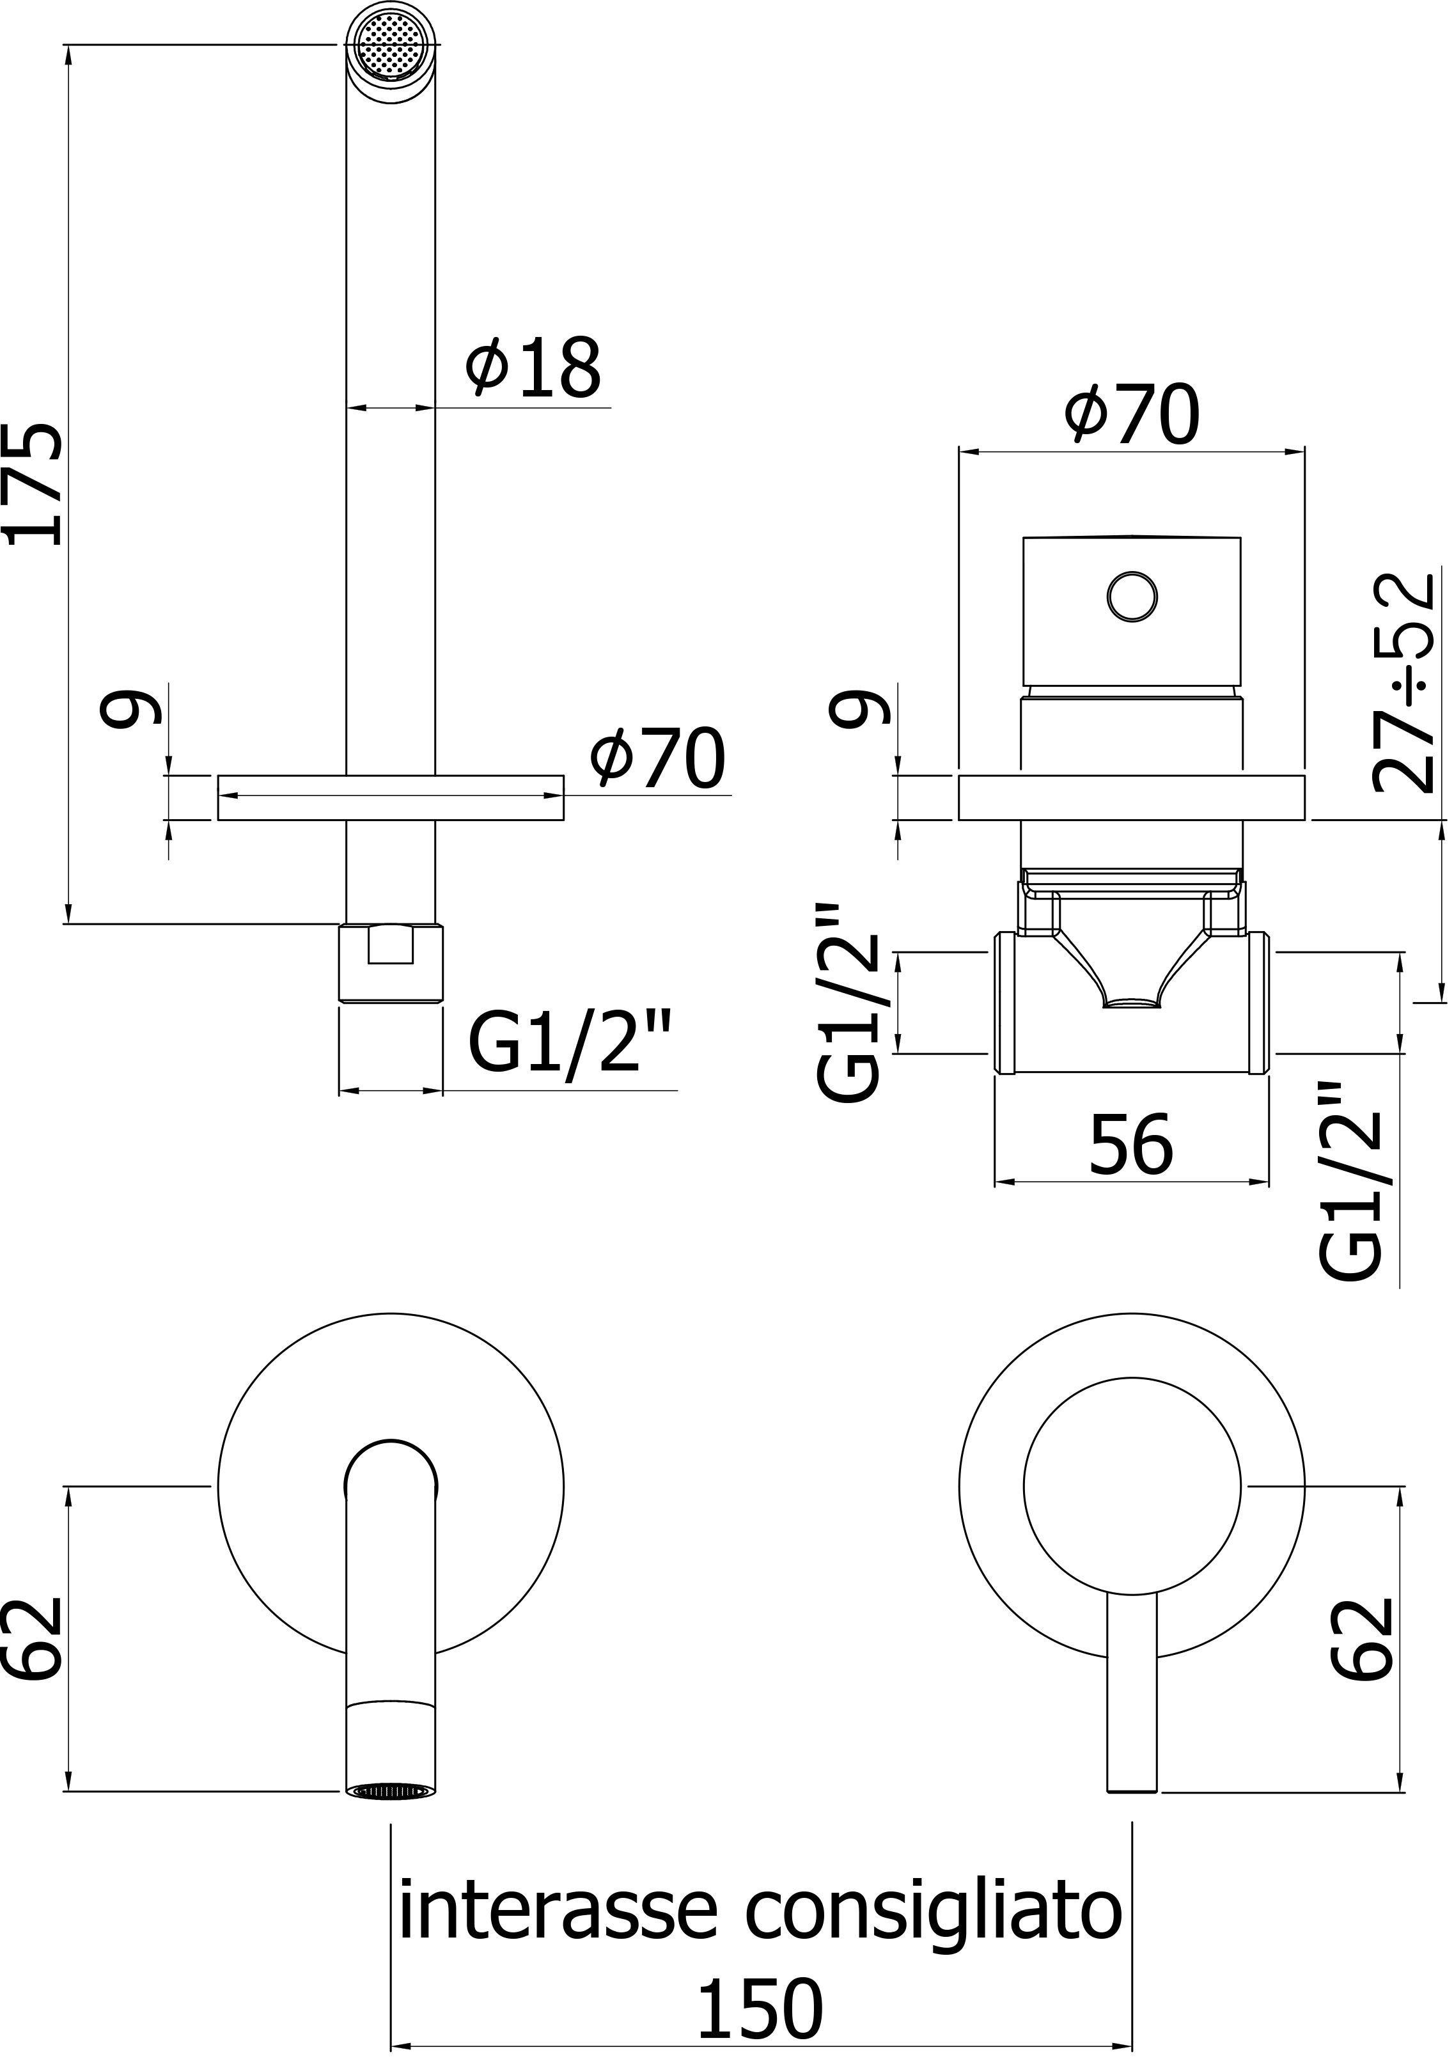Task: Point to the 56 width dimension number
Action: [x=1130, y=1146]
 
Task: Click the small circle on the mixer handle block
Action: [x=1132, y=595]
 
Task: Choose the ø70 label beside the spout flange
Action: [x=657, y=758]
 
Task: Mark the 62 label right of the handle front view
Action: [x=1362, y=1638]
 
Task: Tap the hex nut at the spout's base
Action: [x=391, y=962]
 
